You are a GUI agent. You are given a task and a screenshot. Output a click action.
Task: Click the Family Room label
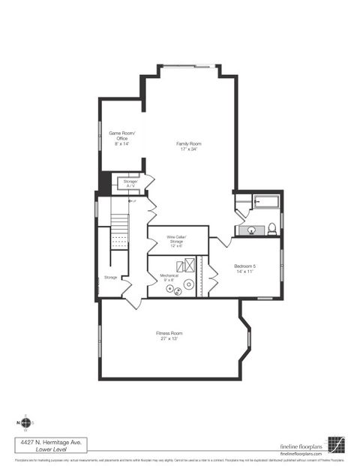click(x=188, y=143)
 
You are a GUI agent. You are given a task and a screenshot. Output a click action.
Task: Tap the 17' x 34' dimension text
click(x=188, y=149)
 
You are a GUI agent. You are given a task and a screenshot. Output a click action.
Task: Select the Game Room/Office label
click(x=121, y=136)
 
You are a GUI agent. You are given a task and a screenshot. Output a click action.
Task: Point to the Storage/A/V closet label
click(x=130, y=183)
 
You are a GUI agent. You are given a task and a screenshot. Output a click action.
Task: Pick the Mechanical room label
click(x=169, y=275)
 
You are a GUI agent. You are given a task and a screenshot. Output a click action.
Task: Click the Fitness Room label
click(x=169, y=332)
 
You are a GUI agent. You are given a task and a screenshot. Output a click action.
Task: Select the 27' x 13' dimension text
click(x=169, y=338)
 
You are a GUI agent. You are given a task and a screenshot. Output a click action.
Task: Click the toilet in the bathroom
click(x=272, y=229)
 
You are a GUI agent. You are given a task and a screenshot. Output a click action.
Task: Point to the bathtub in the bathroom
click(x=266, y=201)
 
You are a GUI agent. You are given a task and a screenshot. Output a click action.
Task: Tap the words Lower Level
click(x=49, y=450)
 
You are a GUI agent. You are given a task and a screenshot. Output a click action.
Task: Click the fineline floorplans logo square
click(x=336, y=445)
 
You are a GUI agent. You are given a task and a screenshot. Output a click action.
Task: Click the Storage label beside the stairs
click(x=109, y=277)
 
